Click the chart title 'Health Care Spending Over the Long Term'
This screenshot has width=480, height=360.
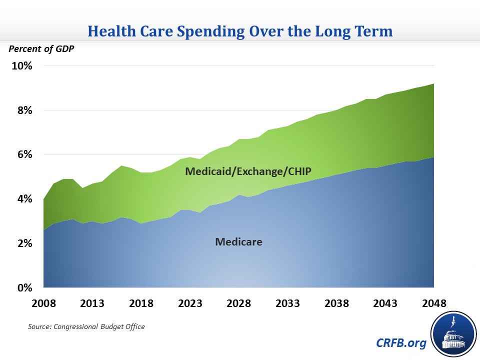coord(240,31)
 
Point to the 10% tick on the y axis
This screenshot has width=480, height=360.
coord(22,66)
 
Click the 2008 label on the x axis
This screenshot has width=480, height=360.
coord(44,303)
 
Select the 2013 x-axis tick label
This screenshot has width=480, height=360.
coord(92,303)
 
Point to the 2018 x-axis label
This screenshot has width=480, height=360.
coord(141,303)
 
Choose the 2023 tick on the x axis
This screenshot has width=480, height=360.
coord(190,303)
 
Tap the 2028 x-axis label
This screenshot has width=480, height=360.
coord(239,303)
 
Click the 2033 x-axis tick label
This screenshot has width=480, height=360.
coord(288,303)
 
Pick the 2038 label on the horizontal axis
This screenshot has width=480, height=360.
coord(336,303)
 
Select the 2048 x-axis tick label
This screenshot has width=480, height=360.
coord(434,303)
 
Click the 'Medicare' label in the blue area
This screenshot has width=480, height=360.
coord(238,242)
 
